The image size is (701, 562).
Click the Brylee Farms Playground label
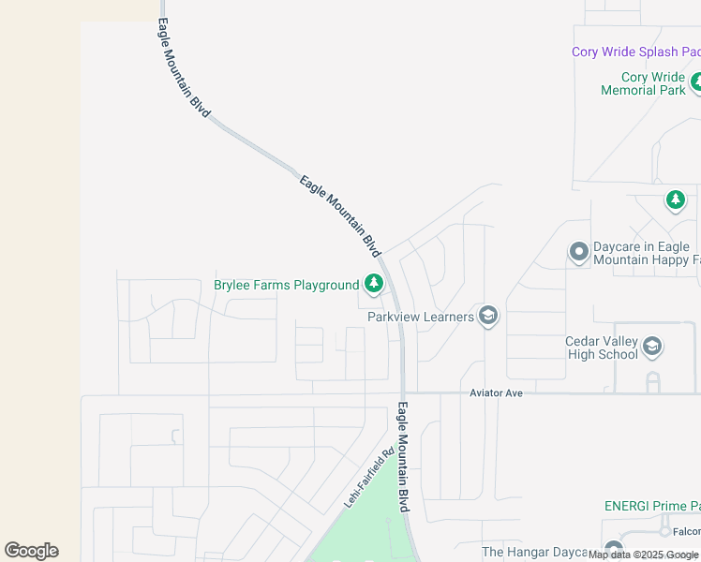click(286, 285)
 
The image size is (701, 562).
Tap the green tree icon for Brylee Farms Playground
click(374, 283)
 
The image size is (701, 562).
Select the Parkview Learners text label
click(421, 317)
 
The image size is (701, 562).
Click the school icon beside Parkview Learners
click(487, 317)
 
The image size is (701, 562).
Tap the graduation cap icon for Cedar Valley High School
click(653, 348)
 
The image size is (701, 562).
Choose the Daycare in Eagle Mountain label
click(646, 253)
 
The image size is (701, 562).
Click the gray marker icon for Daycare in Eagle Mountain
click(578, 252)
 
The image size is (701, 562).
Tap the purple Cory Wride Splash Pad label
click(635, 52)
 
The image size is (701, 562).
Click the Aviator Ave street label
click(496, 393)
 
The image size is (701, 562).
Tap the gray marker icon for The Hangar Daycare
click(614, 549)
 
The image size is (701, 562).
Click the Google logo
click(32, 551)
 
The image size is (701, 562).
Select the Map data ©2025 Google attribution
click(644, 555)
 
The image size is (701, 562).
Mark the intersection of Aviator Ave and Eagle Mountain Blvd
click(403, 393)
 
